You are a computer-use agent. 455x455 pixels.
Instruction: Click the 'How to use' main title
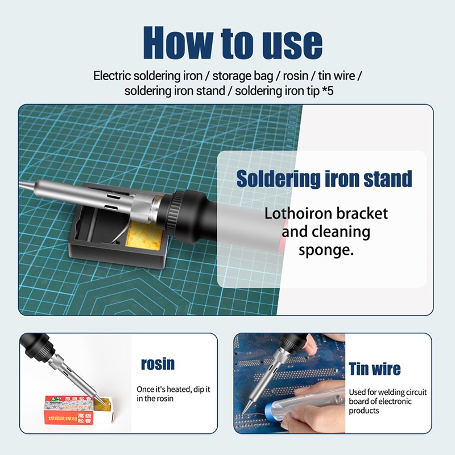[x=233, y=43]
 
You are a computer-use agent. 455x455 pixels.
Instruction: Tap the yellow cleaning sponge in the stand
[x=143, y=235]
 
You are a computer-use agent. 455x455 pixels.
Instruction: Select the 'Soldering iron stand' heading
[x=324, y=179]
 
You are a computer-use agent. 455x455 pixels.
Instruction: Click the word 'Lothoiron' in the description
[x=298, y=214]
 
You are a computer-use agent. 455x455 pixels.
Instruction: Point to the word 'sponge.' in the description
[x=326, y=250]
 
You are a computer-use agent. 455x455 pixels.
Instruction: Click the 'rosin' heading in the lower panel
[x=158, y=364]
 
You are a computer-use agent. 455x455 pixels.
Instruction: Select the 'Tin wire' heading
[x=375, y=369]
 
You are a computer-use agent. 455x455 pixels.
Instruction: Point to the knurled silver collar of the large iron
[x=144, y=208]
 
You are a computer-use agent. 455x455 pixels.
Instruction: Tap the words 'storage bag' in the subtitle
[x=243, y=76]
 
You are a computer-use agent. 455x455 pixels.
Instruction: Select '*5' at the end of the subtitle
[x=328, y=91]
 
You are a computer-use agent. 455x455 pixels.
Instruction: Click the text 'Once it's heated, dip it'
[x=173, y=390]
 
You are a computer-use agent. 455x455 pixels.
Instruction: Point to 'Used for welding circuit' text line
[x=388, y=392]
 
